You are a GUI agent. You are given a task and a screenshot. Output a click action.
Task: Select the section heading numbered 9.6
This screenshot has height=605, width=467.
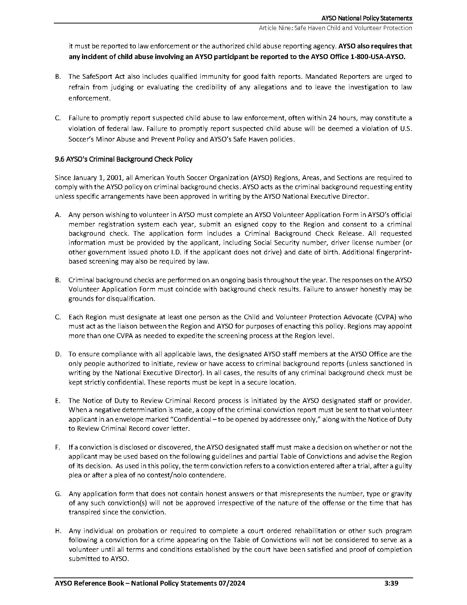(123, 159)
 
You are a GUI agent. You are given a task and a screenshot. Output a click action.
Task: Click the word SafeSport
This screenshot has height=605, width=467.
(96, 77)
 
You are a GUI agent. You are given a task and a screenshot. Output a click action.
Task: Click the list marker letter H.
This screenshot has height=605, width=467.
(58, 531)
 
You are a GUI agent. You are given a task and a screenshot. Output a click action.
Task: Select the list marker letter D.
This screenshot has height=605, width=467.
(58, 354)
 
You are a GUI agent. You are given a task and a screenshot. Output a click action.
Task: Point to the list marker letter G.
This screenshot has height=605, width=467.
(58, 494)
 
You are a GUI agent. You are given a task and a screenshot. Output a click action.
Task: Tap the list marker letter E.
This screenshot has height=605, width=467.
(58, 401)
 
